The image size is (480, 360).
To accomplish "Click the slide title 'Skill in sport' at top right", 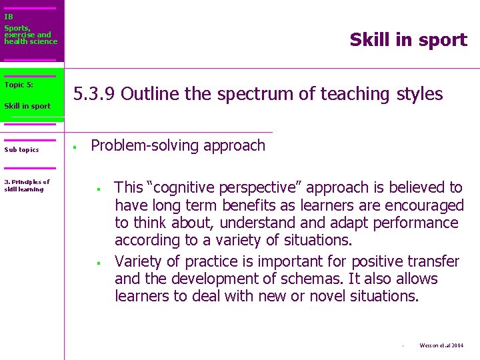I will [x=408, y=40].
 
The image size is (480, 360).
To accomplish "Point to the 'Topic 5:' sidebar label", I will [x=19, y=85].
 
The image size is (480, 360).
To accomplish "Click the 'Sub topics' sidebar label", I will [x=21, y=150].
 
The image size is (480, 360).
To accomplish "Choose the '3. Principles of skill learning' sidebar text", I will [x=27, y=185].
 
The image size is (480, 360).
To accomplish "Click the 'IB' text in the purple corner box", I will [x=9, y=17].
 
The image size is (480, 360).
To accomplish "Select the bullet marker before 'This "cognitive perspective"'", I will [x=98, y=189].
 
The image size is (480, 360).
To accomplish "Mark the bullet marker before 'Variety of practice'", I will [x=98, y=263].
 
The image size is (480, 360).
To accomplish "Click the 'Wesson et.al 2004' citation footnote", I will [x=441, y=345].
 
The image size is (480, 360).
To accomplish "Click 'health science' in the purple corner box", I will [x=31, y=41].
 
